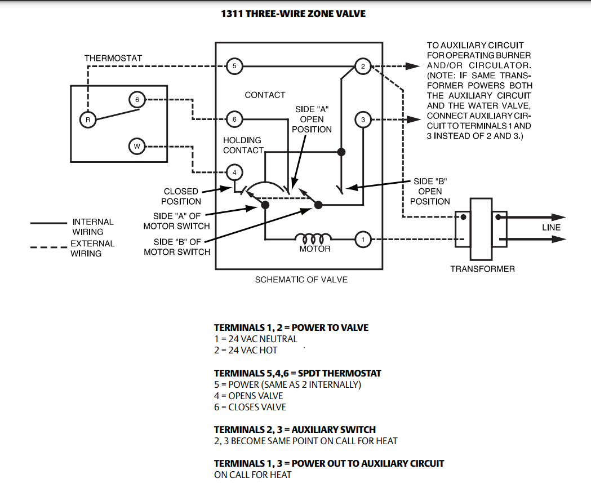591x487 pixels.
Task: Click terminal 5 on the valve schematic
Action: [234, 67]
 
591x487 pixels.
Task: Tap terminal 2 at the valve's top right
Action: [363, 67]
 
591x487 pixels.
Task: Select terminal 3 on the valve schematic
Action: [363, 120]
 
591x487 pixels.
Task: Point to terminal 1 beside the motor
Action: [363, 240]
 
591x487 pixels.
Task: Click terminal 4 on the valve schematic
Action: [234, 173]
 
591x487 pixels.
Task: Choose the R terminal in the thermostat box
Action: [88, 120]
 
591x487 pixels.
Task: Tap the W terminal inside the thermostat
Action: [137, 147]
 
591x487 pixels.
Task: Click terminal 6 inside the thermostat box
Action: [137, 100]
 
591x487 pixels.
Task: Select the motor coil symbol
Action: [313, 238]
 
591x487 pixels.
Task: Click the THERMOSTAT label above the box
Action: [113, 58]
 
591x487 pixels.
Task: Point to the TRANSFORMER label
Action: [482, 269]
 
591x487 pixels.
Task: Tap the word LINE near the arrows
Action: [552, 228]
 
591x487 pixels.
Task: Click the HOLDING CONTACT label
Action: [243, 145]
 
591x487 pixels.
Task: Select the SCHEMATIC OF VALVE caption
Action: [301, 280]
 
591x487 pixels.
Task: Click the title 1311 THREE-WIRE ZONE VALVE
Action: [293, 14]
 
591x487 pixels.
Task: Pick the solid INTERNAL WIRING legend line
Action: [48, 223]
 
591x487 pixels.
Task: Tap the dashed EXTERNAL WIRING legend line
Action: [48, 247]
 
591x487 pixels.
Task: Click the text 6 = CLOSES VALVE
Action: [250, 408]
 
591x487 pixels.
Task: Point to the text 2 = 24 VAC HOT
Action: [246, 351]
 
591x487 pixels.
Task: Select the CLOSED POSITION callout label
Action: [181, 197]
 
